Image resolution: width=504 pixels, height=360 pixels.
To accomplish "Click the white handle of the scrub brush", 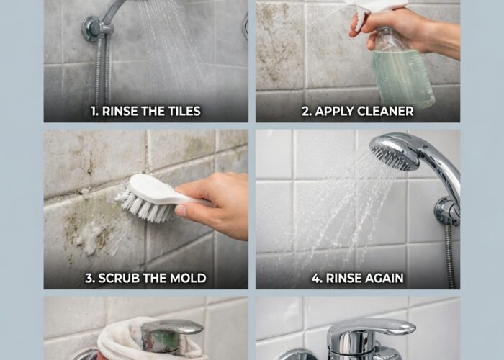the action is coord(161,189).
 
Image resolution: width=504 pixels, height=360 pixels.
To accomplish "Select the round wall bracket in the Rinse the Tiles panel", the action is coord(93,28).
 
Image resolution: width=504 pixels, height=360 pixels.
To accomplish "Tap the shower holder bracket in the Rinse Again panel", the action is coord(447,210).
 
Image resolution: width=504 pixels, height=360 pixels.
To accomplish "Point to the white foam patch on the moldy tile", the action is coord(91,238).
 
